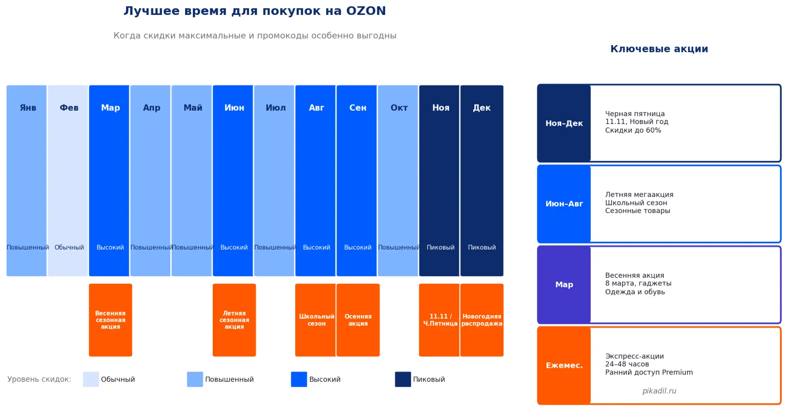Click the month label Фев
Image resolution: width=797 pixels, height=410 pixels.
pyautogui.click(x=69, y=108)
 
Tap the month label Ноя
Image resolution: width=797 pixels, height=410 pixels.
pyautogui.click(x=440, y=108)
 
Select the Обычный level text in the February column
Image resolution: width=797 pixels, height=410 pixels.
pyautogui.click(x=69, y=247)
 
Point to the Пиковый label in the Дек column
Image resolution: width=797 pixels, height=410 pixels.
pyautogui.click(x=482, y=247)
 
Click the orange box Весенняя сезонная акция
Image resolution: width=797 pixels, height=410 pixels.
pyautogui.click(x=110, y=320)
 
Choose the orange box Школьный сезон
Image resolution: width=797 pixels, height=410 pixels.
pyautogui.click(x=316, y=320)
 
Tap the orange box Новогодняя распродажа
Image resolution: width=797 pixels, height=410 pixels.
pyautogui.click(x=482, y=320)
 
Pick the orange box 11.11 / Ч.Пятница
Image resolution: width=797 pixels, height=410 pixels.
pyautogui.click(x=440, y=320)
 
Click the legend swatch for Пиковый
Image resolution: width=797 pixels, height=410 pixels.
pyautogui.click(x=403, y=379)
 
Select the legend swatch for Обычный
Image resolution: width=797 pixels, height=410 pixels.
pyautogui.click(x=91, y=379)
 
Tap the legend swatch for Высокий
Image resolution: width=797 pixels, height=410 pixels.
pyautogui.click(x=299, y=379)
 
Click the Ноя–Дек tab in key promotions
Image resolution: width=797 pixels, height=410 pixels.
pyautogui.click(x=564, y=123)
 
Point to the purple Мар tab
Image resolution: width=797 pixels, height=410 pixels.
pyautogui.click(x=564, y=285)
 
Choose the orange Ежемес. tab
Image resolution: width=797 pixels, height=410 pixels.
pyautogui.click(x=564, y=366)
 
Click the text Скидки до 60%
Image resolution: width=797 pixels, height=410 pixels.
pyautogui.click(x=633, y=130)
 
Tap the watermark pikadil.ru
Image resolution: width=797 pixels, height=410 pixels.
pyautogui.click(x=659, y=391)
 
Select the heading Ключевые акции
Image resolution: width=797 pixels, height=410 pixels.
pyautogui.click(x=659, y=49)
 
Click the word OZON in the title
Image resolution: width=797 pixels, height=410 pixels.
pyautogui.click(x=366, y=11)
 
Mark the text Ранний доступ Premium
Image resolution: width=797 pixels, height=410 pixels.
pyautogui.click(x=649, y=372)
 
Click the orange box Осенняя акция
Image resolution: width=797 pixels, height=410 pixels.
pyautogui.click(x=358, y=320)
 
